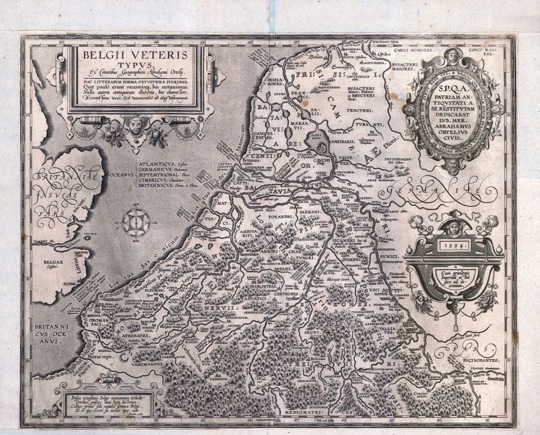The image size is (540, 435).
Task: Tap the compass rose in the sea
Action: [136, 222]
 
